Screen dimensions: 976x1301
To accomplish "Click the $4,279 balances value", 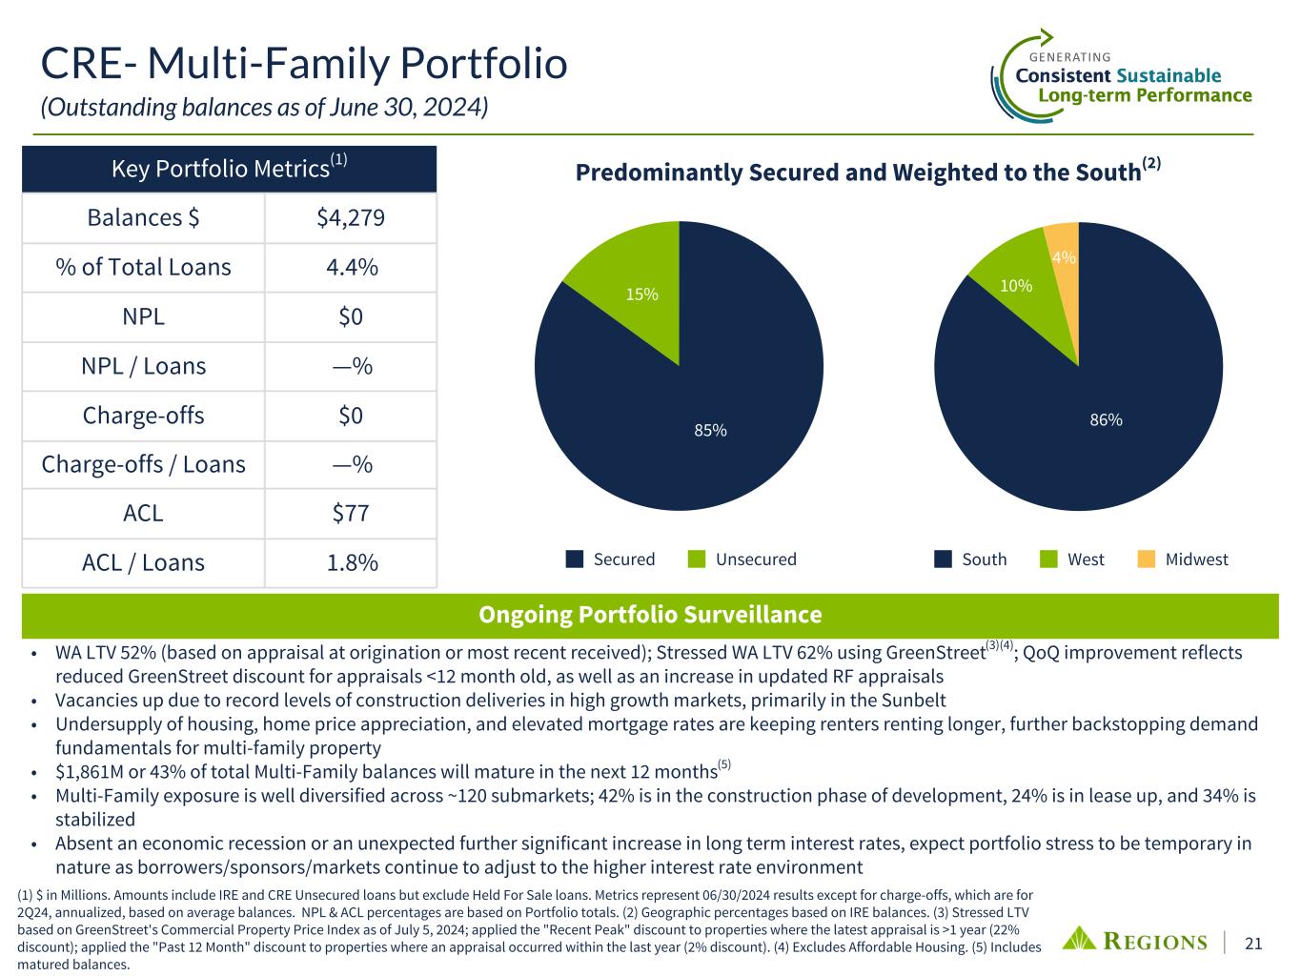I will point(351,218).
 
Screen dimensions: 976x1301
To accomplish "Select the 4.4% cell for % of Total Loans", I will point(351,268).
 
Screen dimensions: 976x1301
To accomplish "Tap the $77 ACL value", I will point(351,514).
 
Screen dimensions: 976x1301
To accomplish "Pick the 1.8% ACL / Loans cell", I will point(351,563).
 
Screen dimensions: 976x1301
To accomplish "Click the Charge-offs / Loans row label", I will point(144,464).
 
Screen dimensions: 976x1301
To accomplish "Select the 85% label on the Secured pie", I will point(710,431).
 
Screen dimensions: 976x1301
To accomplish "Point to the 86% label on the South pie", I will point(1106,419).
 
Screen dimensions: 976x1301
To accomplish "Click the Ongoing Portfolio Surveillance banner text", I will point(650,615).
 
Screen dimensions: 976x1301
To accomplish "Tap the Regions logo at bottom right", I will point(1134,941).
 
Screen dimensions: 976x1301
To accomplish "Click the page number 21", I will point(1254,944).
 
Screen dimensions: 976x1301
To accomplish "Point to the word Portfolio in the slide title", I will point(480,65).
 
